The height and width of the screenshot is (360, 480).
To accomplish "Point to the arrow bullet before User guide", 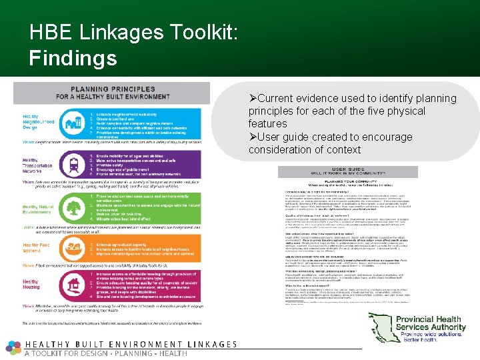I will point(253,137).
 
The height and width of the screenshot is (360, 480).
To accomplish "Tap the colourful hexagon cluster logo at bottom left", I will point(13,347).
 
